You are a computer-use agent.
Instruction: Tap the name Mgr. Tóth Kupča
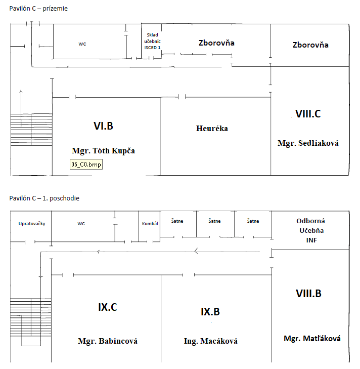pos(104,151)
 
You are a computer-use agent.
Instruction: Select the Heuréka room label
pos(212,129)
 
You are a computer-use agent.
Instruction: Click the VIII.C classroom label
pos(308,114)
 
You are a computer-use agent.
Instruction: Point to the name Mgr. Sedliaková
pos(308,143)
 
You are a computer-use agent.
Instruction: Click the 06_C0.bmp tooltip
pos(86,165)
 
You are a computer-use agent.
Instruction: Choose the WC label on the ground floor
pos(82,44)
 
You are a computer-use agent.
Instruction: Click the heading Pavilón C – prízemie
pos(38,9)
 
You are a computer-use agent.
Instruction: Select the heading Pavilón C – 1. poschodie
pos(44,198)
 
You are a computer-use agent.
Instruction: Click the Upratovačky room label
pos(32,224)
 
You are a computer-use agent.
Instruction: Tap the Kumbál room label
pos(150,223)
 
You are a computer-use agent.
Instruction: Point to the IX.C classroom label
pos(108,307)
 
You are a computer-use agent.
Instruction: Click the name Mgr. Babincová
pos(108,341)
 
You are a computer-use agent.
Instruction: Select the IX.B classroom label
pos(210,312)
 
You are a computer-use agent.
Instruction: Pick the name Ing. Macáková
pos(210,341)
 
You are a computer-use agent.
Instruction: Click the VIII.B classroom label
pos(308,294)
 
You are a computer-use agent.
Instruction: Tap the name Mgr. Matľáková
pos(311,339)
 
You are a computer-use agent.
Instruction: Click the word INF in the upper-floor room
pos(311,240)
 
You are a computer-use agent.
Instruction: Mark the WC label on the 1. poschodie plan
pos(81,223)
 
